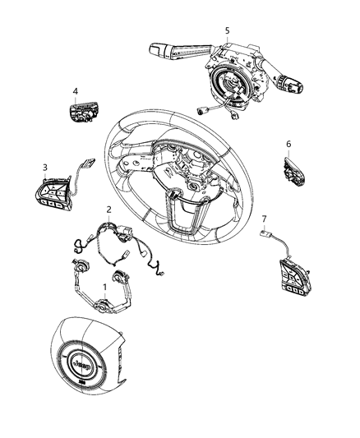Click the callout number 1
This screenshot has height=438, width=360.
pyautogui.click(x=104, y=288)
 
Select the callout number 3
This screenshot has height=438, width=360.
pyautogui.click(x=46, y=167)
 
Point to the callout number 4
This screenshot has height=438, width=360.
pyautogui.click(x=75, y=91)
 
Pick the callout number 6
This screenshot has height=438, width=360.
pyautogui.click(x=288, y=144)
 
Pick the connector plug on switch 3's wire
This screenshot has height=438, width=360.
pyautogui.click(x=88, y=164)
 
